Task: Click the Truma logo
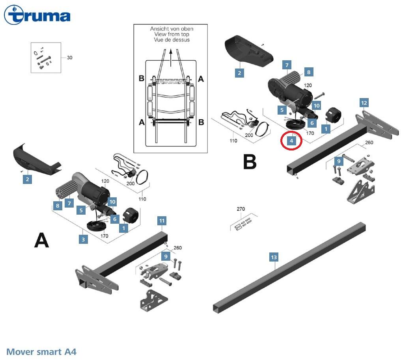click(37, 15)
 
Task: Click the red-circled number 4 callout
click(291, 140)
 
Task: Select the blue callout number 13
click(274, 257)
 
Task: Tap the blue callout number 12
click(364, 103)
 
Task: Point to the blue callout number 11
click(162, 221)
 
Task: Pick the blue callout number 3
click(83, 239)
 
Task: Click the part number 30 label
click(69, 58)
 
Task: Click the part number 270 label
click(241, 209)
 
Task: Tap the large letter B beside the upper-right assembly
click(250, 162)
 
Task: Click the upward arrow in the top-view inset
click(171, 58)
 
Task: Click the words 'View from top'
click(172, 34)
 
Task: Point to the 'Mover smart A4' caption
click(41, 352)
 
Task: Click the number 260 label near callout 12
click(369, 142)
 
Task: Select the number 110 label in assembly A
click(142, 199)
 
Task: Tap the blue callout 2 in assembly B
click(239, 73)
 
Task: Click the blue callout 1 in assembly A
click(124, 228)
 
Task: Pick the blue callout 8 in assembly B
click(309, 72)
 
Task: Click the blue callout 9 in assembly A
click(166, 256)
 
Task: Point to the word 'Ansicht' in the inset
click(159, 29)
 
